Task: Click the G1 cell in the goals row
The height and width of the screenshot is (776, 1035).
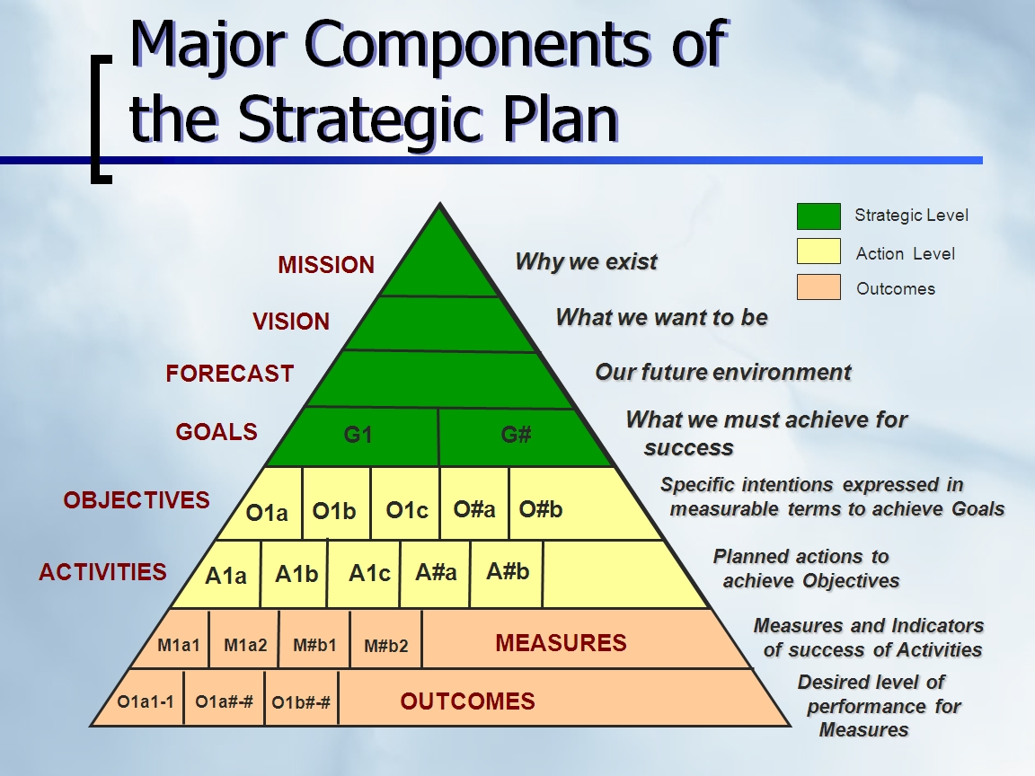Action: pyautogui.click(x=358, y=436)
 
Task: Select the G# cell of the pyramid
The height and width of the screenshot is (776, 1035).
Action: pyautogui.click(x=517, y=436)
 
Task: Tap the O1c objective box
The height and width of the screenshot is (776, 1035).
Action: pyautogui.click(x=406, y=510)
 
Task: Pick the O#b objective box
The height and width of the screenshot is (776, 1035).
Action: pyautogui.click(x=541, y=509)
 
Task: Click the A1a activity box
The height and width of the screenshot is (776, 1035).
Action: pyautogui.click(x=226, y=576)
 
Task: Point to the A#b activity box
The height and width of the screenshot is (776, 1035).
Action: pyautogui.click(x=508, y=572)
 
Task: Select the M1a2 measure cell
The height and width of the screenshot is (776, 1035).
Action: pyautogui.click(x=245, y=645)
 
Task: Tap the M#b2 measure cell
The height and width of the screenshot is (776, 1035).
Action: pyautogui.click(x=385, y=646)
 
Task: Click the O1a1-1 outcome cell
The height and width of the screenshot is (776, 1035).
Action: pyautogui.click(x=146, y=702)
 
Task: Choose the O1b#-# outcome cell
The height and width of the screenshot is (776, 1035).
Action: pyautogui.click(x=301, y=703)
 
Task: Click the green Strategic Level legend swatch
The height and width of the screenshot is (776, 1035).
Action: pyautogui.click(x=818, y=216)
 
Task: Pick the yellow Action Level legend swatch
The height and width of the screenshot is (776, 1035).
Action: pyautogui.click(x=818, y=251)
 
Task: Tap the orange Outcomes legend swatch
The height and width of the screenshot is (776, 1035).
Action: pyautogui.click(x=818, y=287)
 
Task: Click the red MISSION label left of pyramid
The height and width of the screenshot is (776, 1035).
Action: pyautogui.click(x=326, y=265)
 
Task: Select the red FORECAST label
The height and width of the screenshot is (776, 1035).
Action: pyautogui.click(x=230, y=374)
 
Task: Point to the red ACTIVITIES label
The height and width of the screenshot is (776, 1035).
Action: pyautogui.click(x=102, y=572)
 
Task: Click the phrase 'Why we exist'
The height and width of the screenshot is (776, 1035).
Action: pyautogui.click(x=586, y=262)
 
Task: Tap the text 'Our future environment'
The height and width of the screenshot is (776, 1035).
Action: pyautogui.click(x=722, y=372)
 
